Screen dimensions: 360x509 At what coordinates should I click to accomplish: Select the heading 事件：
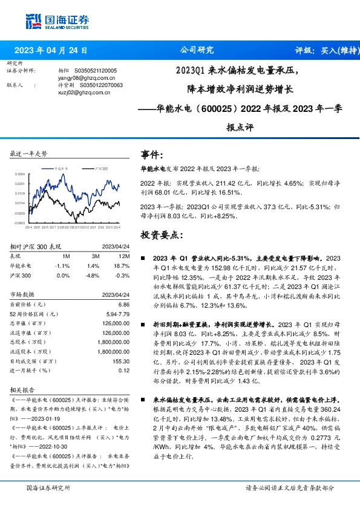coord(151,155)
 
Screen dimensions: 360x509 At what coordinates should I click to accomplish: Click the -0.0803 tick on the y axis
coord(19,222)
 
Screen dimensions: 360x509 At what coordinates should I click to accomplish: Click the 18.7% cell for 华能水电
coord(122,265)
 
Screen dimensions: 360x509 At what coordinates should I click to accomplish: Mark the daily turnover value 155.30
coord(122,361)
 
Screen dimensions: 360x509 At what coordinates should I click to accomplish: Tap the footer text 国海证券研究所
coord(48,487)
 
